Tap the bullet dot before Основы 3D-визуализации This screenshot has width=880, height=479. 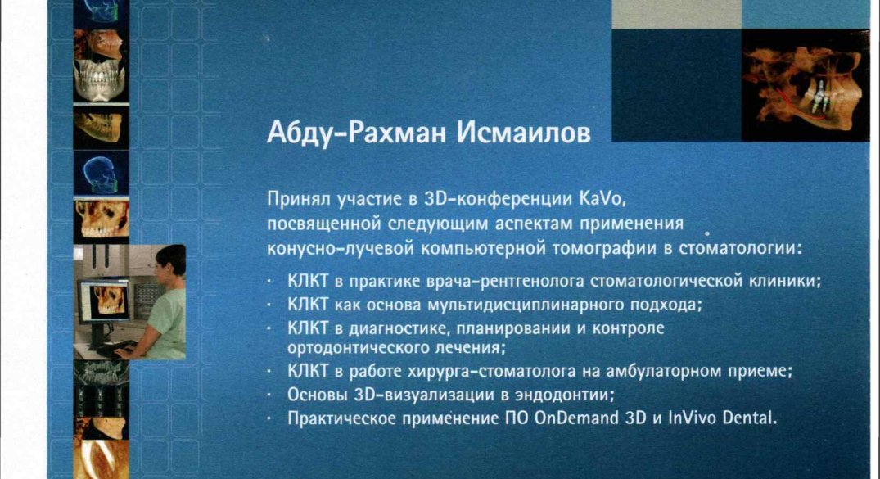(x=269, y=395)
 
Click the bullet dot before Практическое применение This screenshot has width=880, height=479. (x=269, y=419)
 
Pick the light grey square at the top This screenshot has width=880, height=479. (x=677, y=14)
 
